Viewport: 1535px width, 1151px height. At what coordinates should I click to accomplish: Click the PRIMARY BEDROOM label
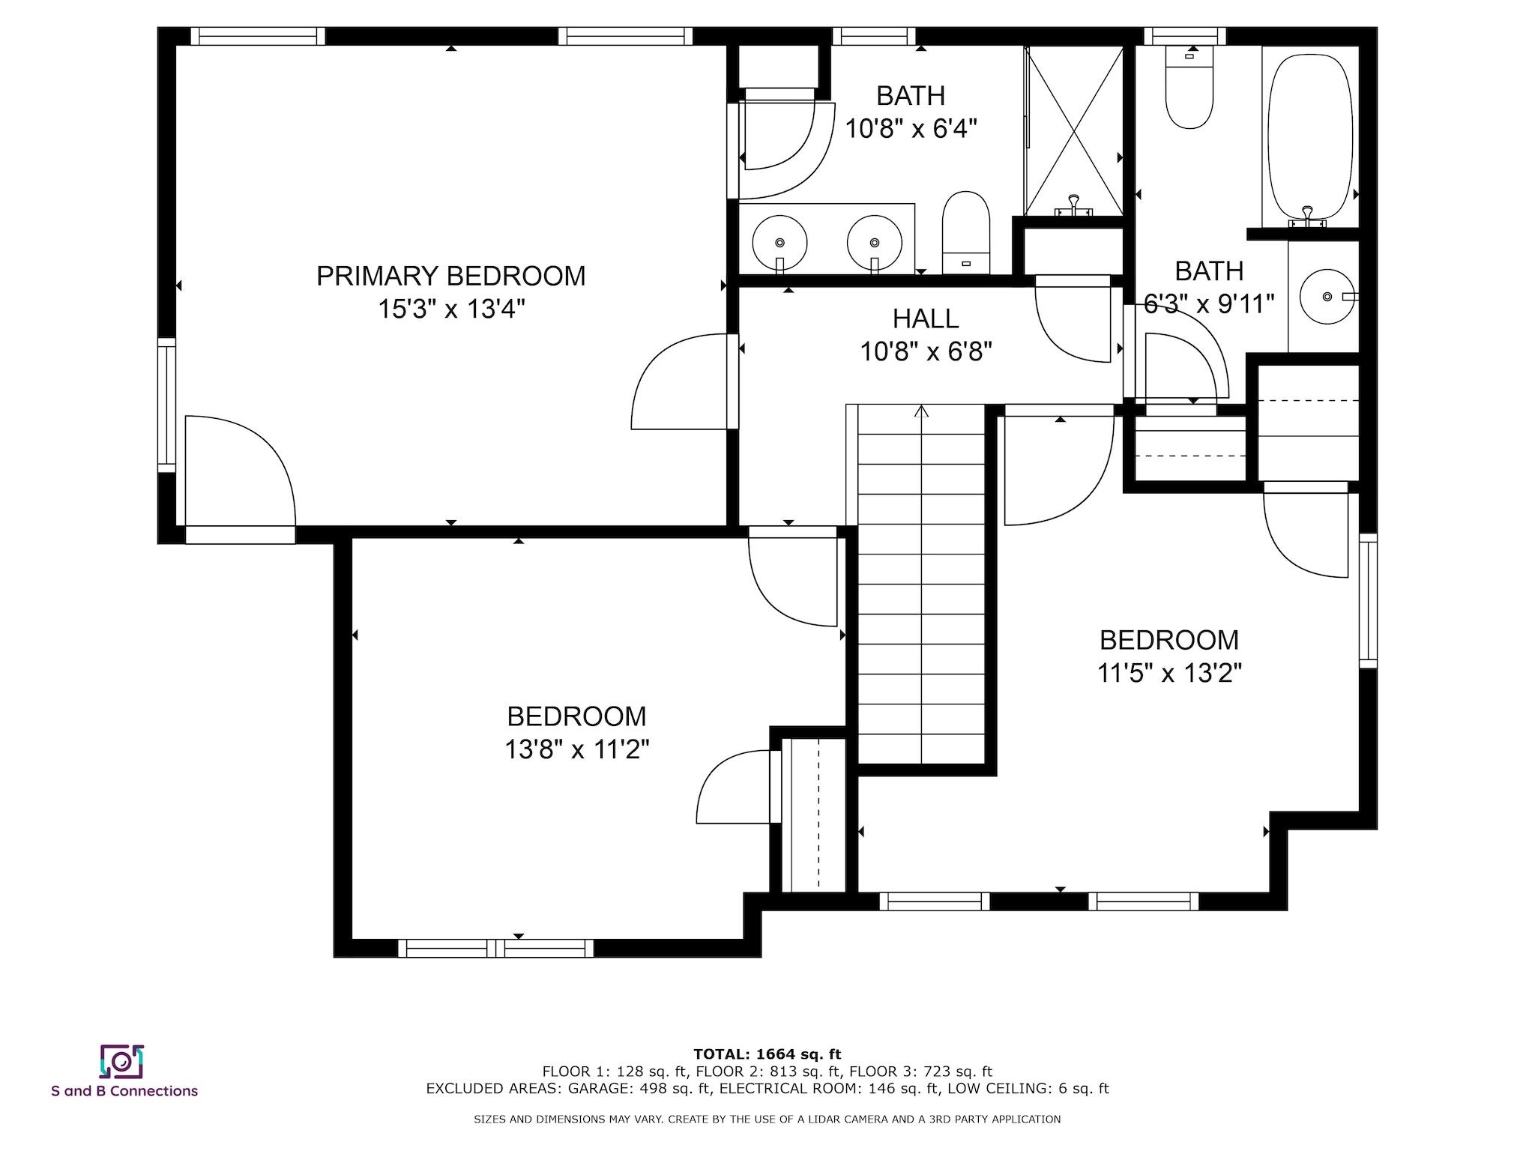pyautogui.click(x=450, y=276)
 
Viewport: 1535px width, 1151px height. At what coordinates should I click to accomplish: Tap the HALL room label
pyautogui.click(x=926, y=319)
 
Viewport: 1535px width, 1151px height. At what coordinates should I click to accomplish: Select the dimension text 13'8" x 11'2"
pyautogui.click(x=576, y=749)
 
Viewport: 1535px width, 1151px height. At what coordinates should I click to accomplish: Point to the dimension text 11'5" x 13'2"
pyautogui.click(x=1169, y=673)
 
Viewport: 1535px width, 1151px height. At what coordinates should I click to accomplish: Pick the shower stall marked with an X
pyautogui.click(x=1074, y=131)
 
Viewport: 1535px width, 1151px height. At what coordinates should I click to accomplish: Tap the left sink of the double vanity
pyautogui.click(x=779, y=243)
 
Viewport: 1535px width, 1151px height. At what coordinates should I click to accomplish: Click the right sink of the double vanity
pyautogui.click(x=875, y=243)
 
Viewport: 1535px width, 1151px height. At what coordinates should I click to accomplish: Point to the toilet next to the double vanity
pyautogui.click(x=966, y=233)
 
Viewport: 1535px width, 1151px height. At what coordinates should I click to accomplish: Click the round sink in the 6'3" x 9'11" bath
pyautogui.click(x=1327, y=297)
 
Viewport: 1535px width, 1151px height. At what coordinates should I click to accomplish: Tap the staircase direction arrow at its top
pyautogui.click(x=922, y=411)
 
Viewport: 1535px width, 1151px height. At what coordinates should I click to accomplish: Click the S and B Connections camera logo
pyautogui.click(x=121, y=1061)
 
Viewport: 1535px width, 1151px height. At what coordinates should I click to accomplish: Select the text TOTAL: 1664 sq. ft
pyautogui.click(x=767, y=1054)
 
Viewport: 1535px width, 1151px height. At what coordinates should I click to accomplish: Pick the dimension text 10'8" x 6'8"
pyautogui.click(x=926, y=351)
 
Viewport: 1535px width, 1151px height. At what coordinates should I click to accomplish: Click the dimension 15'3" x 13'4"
pyautogui.click(x=450, y=309)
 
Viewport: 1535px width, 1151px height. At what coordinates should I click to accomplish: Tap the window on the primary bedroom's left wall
pyautogui.click(x=166, y=405)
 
